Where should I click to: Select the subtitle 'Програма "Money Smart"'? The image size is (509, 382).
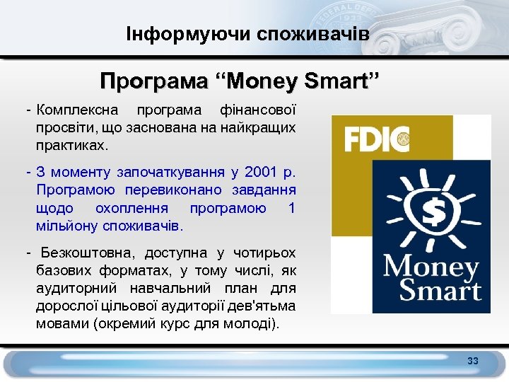240,80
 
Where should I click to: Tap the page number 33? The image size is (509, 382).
473,361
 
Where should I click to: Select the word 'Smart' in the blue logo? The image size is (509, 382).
439,290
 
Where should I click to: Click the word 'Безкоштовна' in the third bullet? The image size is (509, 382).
89,253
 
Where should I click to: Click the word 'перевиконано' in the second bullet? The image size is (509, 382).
180,190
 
